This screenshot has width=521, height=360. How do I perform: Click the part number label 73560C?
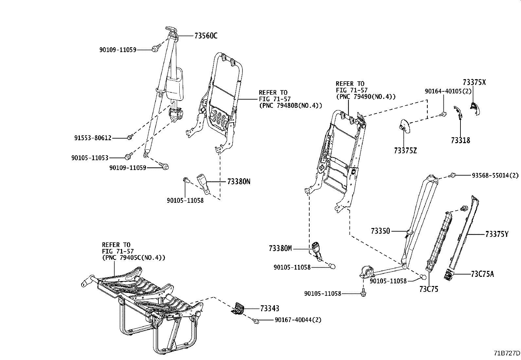[x=206, y=36]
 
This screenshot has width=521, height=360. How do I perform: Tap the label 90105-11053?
[x=90, y=158]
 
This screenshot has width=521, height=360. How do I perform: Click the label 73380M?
[x=280, y=249]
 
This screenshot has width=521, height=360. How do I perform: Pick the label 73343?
[x=270, y=309]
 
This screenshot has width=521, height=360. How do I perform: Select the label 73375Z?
[x=405, y=151]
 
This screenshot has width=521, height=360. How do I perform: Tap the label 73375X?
[x=474, y=83]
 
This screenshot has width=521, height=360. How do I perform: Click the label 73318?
[x=460, y=141]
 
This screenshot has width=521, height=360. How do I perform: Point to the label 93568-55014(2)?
[x=495, y=176]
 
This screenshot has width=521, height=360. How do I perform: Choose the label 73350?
[x=380, y=231]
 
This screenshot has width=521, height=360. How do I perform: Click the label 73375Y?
[x=496, y=234]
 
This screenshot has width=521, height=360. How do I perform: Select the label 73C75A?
[x=482, y=274]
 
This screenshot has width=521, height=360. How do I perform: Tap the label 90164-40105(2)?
[x=448, y=91]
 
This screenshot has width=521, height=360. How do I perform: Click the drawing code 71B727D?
[x=507, y=353]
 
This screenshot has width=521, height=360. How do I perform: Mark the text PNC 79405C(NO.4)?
[x=134, y=258]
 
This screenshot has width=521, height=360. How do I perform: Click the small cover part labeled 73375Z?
[x=404, y=126]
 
